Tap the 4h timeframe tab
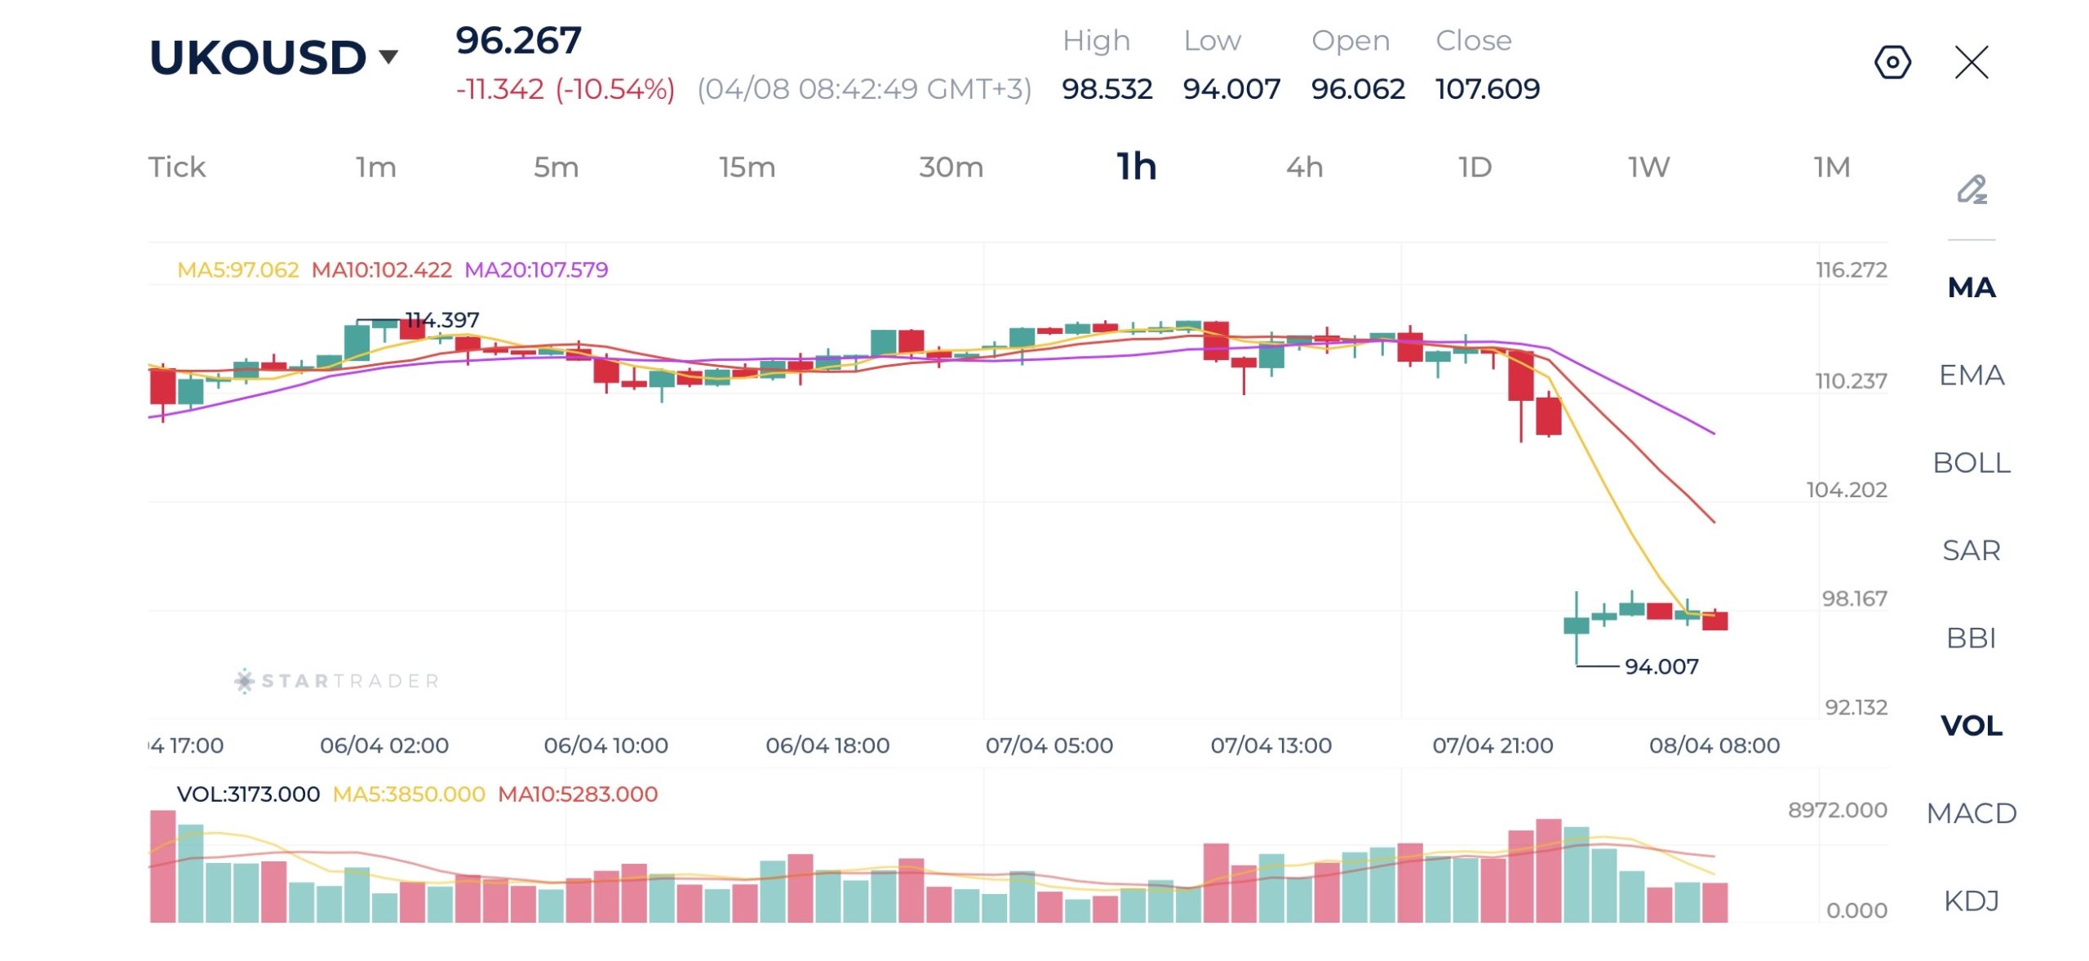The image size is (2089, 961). pos(1304,167)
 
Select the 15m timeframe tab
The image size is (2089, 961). pos(747,167)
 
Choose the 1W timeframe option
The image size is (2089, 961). pos(1648,167)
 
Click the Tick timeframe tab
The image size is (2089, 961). pos(177,167)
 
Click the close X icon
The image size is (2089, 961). pos(1971,62)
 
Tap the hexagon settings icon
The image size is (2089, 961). pos(1892,62)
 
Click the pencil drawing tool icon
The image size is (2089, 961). pos(1971,189)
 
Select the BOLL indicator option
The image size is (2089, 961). pos(1971,463)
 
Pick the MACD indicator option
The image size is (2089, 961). pos(1971,813)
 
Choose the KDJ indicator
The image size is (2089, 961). pos(1971,901)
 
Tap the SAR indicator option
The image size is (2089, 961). pos(1971,550)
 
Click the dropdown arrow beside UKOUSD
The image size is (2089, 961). pos(389,56)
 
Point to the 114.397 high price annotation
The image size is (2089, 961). pos(442,319)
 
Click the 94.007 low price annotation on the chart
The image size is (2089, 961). pos(1661,666)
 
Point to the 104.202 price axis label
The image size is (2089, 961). pos(1847,490)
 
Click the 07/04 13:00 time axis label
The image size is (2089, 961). pos(1271,745)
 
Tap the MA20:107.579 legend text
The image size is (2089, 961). pos(536,269)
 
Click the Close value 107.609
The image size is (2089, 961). pos(1488,88)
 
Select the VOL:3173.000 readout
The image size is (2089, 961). pos(248,794)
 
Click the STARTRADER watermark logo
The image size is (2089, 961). pos(337,681)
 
